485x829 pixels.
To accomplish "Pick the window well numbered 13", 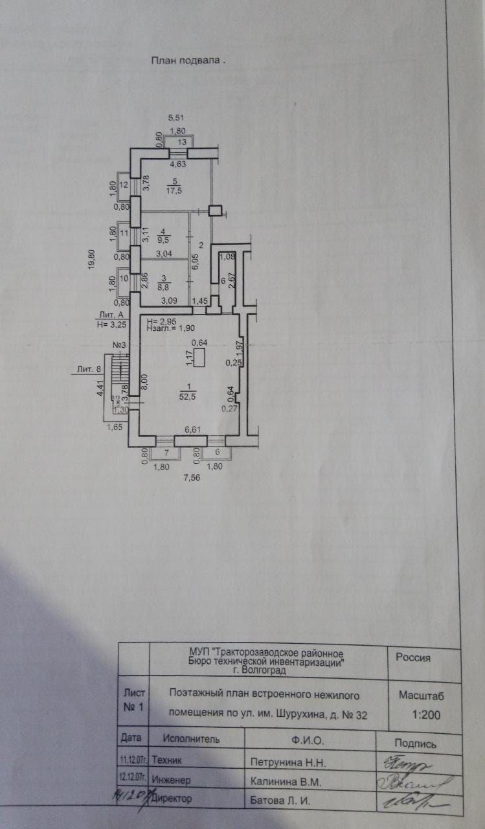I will (182, 142).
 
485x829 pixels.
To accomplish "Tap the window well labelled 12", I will (124, 186).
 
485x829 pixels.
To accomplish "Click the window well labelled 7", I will (165, 453).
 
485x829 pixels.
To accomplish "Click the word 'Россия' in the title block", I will (413, 657).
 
